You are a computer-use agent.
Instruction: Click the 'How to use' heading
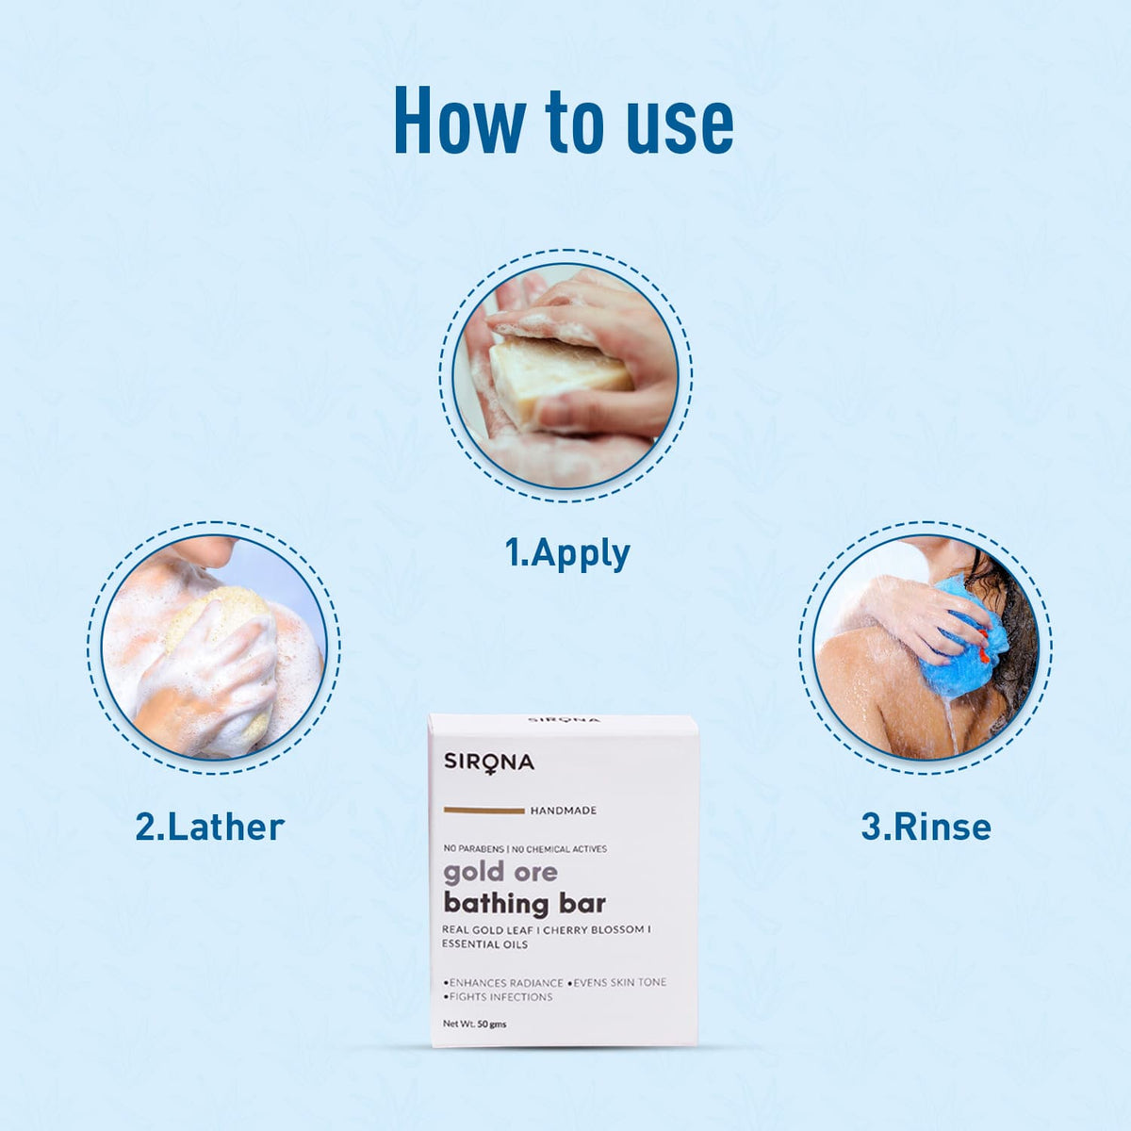pyautogui.click(x=563, y=121)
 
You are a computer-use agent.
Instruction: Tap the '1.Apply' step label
pyautogui.click(x=567, y=553)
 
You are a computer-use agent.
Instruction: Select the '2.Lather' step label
pyautogui.click(x=209, y=828)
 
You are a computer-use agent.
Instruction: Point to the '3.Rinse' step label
pyautogui.click(x=926, y=828)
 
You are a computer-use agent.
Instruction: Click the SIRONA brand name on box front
pyautogui.click(x=488, y=762)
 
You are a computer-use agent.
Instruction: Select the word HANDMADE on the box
pyautogui.click(x=563, y=811)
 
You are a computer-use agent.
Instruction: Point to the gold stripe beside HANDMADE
pyautogui.click(x=483, y=811)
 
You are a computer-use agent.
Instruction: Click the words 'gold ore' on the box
pyautogui.click(x=500, y=872)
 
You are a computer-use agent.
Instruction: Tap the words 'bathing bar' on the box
pyautogui.click(x=524, y=904)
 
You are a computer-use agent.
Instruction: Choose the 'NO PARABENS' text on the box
pyautogui.click(x=474, y=849)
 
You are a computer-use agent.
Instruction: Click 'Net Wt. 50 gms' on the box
pyautogui.click(x=474, y=1024)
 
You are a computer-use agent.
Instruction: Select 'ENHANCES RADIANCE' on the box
pyautogui.click(x=504, y=982)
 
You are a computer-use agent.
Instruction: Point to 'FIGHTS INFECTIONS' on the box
pyautogui.click(x=500, y=997)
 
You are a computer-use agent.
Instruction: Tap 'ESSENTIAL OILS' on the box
pyautogui.click(x=485, y=944)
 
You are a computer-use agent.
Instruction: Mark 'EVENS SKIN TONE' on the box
pyautogui.click(x=618, y=982)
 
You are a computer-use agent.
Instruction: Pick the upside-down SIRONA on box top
pyautogui.click(x=563, y=720)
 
